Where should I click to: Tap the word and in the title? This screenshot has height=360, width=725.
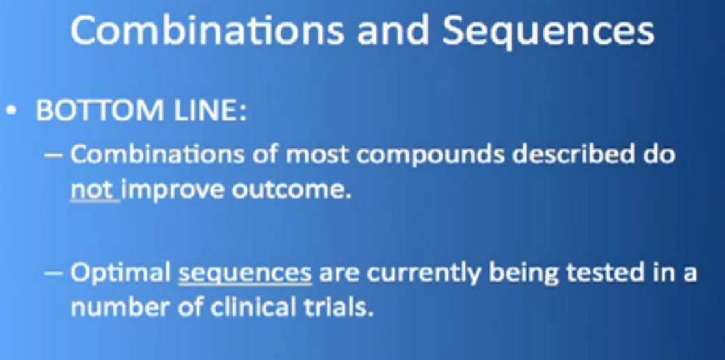387,31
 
